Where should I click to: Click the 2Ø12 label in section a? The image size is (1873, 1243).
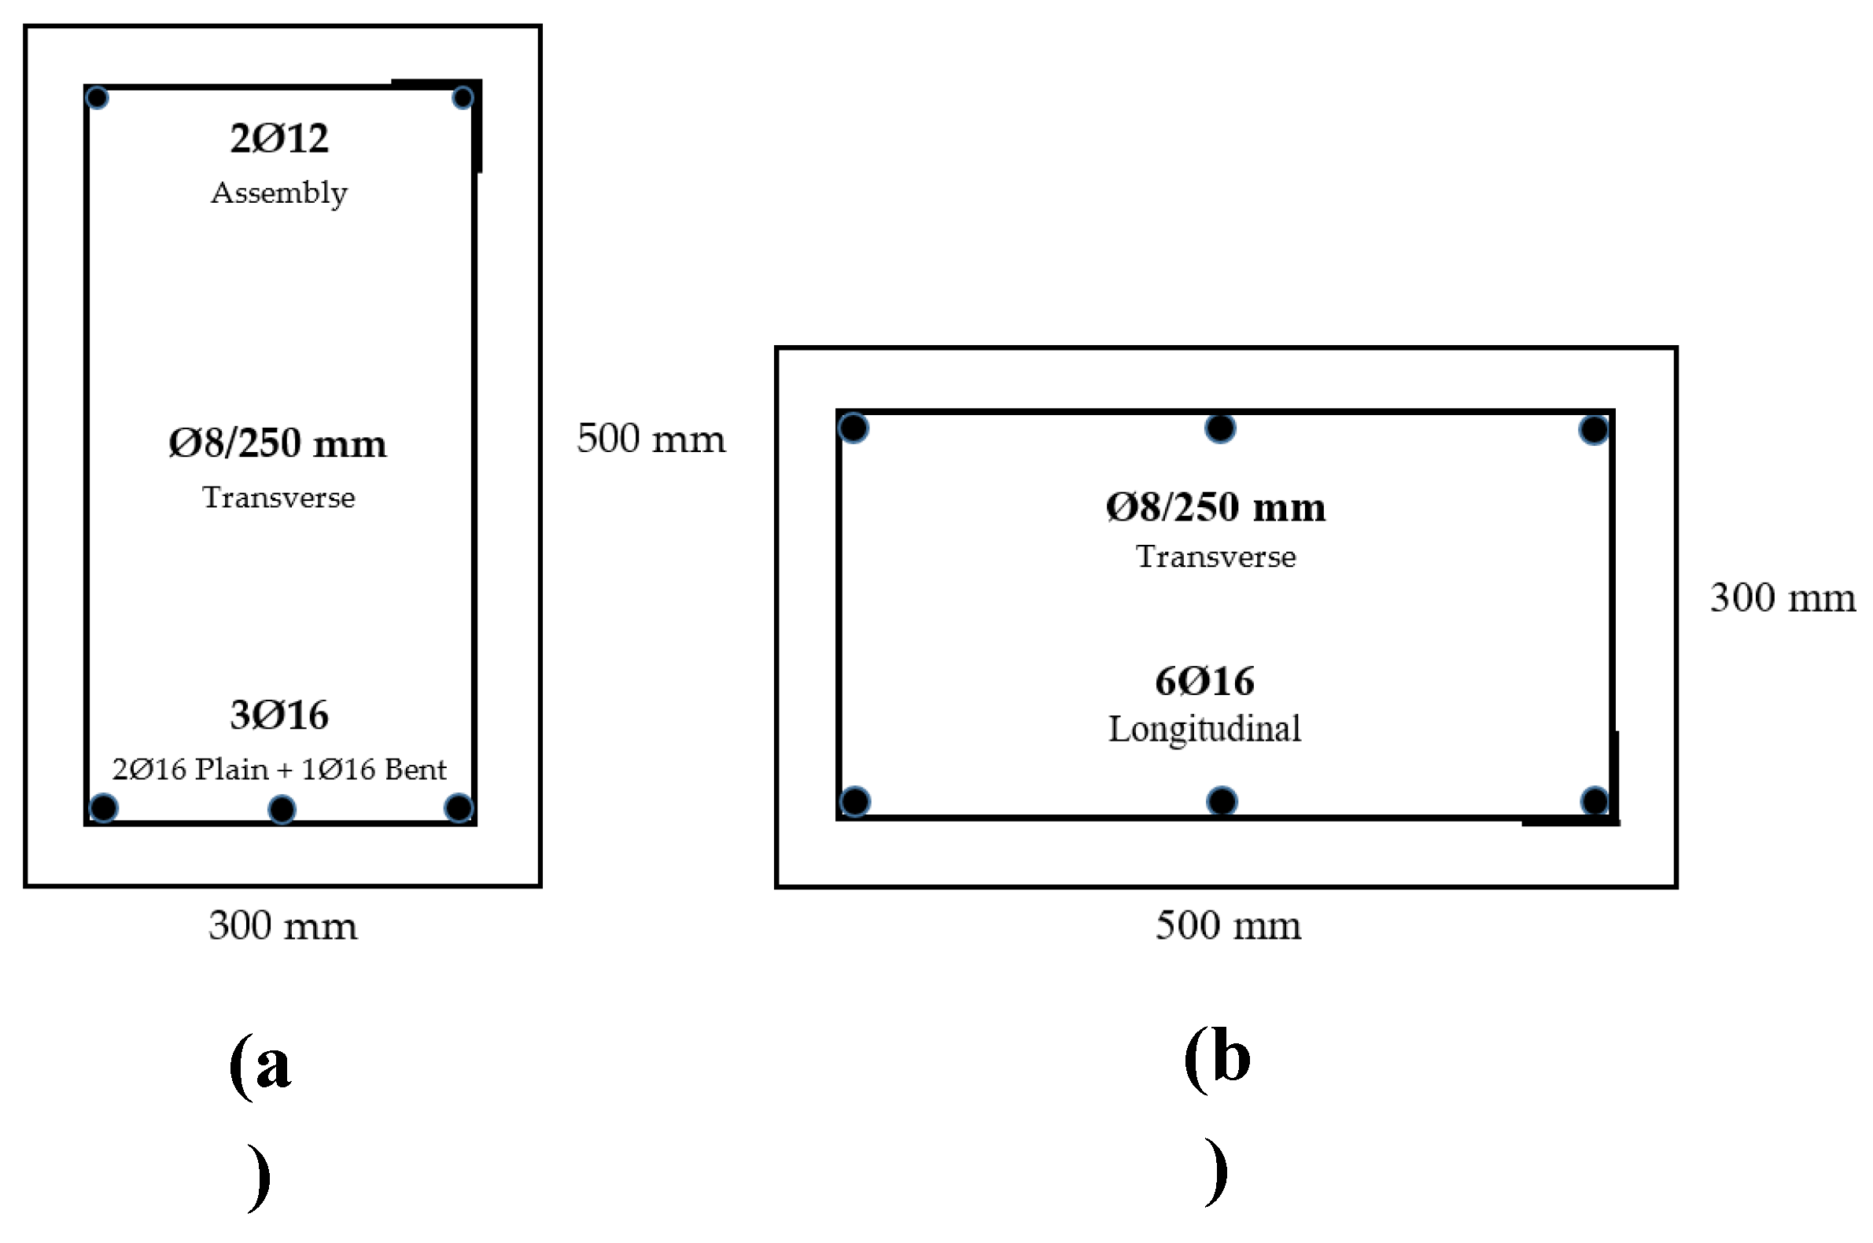tap(279, 138)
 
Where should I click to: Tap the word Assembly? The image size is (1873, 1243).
tap(279, 193)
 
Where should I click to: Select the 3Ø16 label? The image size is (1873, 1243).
tap(279, 715)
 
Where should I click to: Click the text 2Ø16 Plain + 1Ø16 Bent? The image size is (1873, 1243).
tap(279, 770)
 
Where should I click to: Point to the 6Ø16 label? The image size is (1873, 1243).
tap(1204, 682)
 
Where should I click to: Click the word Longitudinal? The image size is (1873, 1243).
tap(1204, 730)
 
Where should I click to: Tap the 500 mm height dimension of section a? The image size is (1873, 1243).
tap(651, 439)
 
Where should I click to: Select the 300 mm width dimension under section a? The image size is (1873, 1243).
tap(283, 926)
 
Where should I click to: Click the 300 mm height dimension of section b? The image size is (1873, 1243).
tap(1783, 598)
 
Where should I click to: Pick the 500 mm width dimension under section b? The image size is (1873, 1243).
tap(1228, 925)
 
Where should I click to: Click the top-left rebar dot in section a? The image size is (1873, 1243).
tap(97, 98)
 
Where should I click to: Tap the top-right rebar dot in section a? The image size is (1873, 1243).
tap(463, 98)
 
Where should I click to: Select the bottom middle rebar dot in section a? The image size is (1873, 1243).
tap(282, 809)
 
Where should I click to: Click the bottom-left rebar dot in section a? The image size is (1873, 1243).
tap(104, 807)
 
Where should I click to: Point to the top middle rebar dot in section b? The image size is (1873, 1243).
tap(1220, 428)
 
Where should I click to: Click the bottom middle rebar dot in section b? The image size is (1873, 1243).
tap(1222, 800)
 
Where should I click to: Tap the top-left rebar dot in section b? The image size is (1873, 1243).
tap(854, 428)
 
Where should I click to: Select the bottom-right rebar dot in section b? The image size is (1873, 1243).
tap(1595, 800)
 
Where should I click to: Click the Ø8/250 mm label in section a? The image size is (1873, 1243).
tap(278, 444)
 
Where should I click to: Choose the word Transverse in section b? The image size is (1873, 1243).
tap(1215, 557)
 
